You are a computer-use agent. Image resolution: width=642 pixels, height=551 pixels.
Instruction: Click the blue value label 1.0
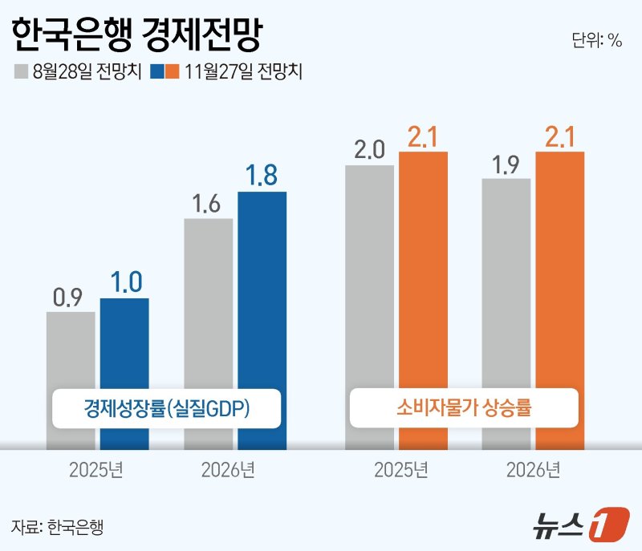pos(124,282)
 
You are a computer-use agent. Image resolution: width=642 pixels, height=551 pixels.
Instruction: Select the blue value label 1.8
pos(262,175)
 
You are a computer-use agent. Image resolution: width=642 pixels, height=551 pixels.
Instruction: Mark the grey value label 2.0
pos(369,150)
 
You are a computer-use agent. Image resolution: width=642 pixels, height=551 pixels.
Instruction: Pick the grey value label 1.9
pos(506,164)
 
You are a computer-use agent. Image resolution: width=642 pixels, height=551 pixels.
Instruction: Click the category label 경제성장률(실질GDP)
pos(167,408)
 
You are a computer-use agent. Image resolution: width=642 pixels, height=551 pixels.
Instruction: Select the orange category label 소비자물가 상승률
pos(465,408)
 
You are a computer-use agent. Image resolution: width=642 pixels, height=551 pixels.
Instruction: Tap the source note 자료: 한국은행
pos(58,527)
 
